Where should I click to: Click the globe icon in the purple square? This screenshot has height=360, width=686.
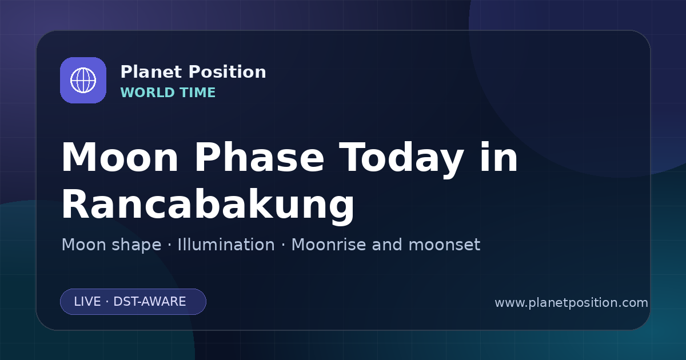tap(83, 80)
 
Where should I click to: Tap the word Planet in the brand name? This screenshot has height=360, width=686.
tap(151, 71)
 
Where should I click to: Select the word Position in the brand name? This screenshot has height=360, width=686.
tap(228, 71)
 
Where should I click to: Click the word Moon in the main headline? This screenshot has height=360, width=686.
tap(119, 157)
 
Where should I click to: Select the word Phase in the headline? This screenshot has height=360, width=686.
tap(259, 157)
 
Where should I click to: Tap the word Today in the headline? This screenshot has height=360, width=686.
tap(401, 160)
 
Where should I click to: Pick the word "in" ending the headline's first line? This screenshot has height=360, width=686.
tap(499, 157)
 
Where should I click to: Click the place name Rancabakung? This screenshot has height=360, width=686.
tap(208, 206)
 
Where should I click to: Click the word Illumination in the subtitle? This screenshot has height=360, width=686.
tap(226, 245)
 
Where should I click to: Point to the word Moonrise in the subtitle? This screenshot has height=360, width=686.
tap(328, 245)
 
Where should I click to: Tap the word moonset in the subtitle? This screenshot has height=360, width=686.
tap(444, 245)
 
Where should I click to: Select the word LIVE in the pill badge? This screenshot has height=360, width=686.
tap(87, 302)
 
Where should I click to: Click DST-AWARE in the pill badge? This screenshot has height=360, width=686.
tap(150, 302)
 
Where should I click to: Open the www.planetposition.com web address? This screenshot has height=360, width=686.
tap(572, 303)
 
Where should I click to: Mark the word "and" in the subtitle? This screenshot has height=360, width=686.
tap(387, 245)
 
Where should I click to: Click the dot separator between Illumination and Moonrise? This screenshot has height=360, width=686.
tap(284, 245)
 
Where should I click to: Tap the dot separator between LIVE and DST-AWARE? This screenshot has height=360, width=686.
tap(107, 302)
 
